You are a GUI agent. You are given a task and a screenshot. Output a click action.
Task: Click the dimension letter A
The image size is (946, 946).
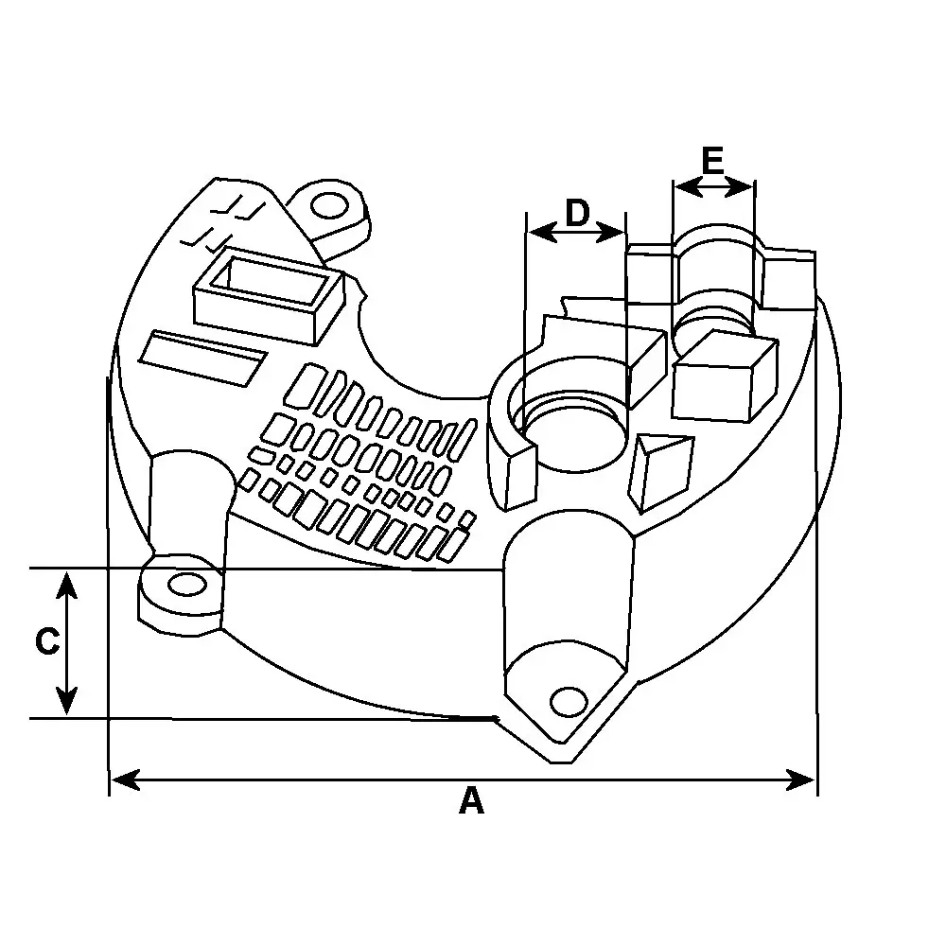pyautogui.click(x=471, y=801)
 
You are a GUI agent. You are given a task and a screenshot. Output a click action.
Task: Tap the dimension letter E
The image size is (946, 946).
pyautogui.click(x=712, y=160)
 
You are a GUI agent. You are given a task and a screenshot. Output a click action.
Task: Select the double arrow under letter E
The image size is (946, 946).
pyautogui.click(x=713, y=187)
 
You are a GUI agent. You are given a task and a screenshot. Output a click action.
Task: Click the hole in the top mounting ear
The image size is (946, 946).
pyautogui.click(x=330, y=204)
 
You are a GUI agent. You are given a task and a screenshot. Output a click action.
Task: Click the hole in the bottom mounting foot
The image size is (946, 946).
pyautogui.click(x=569, y=702)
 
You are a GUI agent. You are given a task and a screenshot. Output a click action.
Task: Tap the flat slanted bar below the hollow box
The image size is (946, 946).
pyautogui.click(x=202, y=358)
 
